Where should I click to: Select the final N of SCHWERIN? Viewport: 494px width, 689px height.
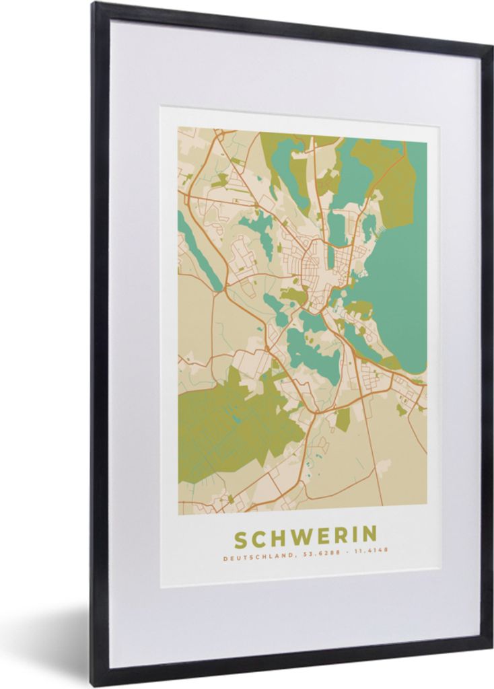tap(369, 536)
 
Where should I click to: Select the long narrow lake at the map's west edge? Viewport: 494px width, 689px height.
tap(199, 248)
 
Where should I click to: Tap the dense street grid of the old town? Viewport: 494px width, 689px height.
tap(313, 269)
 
